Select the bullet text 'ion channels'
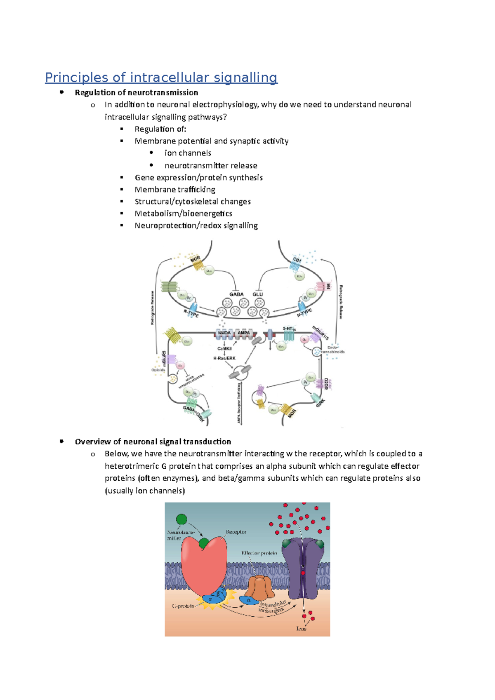pyautogui.click(x=188, y=153)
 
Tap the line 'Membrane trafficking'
pyautogui.click(x=175, y=190)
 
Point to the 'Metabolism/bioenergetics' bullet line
pyautogui.click(x=183, y=214)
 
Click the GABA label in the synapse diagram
pyautogui.click(x=236, y=294)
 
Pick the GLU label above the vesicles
pyautogui.click(x=258, y=294)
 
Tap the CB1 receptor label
pyautogui.click(x=297, y=260)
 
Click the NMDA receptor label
pyautogui.click(x=224, y=333)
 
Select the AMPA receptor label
pyautogui.click(x=244, y=333)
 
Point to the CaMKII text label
pyautogui.click(x=224, y=349)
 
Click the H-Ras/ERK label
pyautogui.click(x=224, y=358)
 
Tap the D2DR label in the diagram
pyautogui.click(x=326, y=384)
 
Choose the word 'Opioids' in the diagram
pyautogui.click(x=158, y=370)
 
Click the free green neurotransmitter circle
pyautogui.click(x=181, y=519)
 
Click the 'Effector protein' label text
pyautogui.click(x=259, y=553)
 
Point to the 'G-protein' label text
pyautogui.click(x=183, y=606)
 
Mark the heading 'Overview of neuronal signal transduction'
pyautogui.click(x=153, y=442)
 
